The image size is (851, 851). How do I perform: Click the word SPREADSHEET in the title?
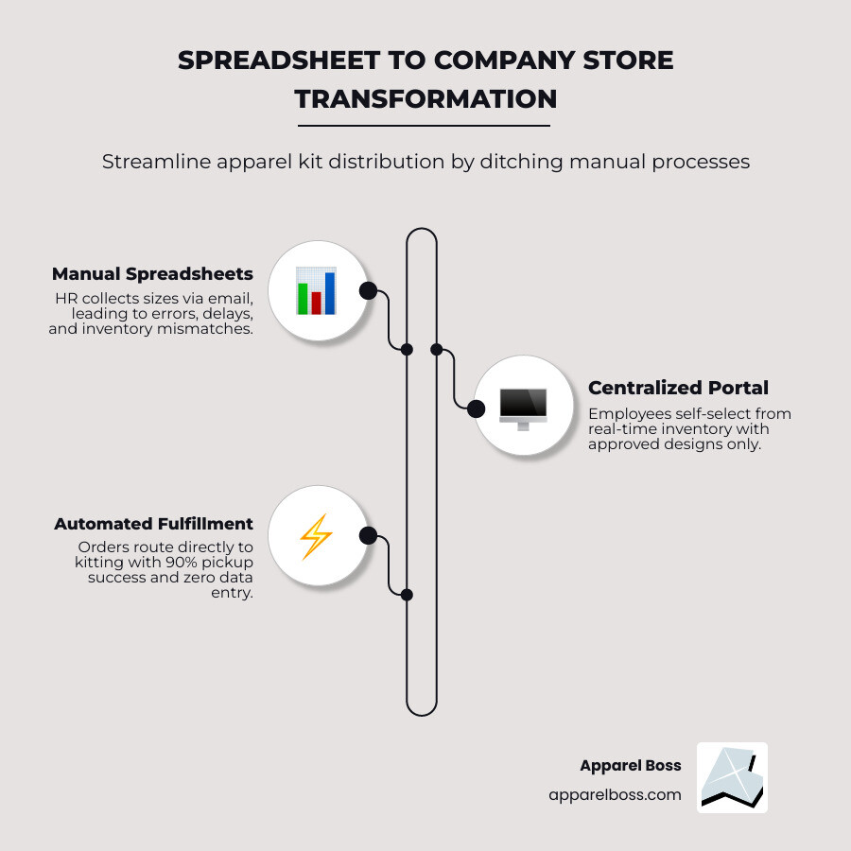278,60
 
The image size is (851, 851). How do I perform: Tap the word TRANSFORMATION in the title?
425,98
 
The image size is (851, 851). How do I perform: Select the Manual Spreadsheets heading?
152,273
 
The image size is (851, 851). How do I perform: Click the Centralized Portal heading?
678,388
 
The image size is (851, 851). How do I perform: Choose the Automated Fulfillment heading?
153,524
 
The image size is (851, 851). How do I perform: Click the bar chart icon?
316,291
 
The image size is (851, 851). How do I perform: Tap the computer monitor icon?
523,408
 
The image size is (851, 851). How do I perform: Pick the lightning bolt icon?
316,536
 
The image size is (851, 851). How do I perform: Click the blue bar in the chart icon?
330,293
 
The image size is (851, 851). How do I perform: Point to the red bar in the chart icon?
316,303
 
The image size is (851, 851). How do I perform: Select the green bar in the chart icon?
302,298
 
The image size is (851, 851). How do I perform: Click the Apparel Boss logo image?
732,777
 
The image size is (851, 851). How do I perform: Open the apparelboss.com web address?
615,794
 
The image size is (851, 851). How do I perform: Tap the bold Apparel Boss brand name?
631,765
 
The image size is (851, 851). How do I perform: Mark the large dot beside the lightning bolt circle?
368,536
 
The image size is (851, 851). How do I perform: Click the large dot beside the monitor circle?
476,408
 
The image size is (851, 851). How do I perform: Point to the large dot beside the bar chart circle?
368,291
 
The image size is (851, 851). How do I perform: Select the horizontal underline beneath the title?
424,126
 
